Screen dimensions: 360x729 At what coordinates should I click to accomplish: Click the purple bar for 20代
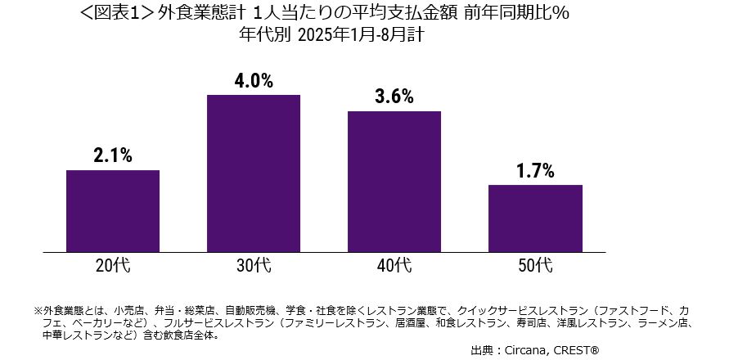tap(113, 210)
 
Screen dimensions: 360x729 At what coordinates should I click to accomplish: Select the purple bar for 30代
tap(254, 173)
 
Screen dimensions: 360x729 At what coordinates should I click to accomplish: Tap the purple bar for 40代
tap(394, 181)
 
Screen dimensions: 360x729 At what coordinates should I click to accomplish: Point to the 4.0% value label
tap(254, 81)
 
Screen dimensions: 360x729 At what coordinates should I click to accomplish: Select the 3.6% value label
tap(394, 97)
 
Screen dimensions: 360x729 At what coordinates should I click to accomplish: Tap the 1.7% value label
tap(535, 171)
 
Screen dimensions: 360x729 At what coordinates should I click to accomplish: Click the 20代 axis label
tap(113, 265)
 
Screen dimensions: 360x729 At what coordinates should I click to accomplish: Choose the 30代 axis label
tap(254, 265)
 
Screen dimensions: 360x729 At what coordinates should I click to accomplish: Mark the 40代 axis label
tap(394, 265)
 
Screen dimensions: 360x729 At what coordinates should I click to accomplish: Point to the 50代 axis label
tap(535, 265)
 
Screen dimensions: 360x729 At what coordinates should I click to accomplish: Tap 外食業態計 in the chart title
tap(199, 15)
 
